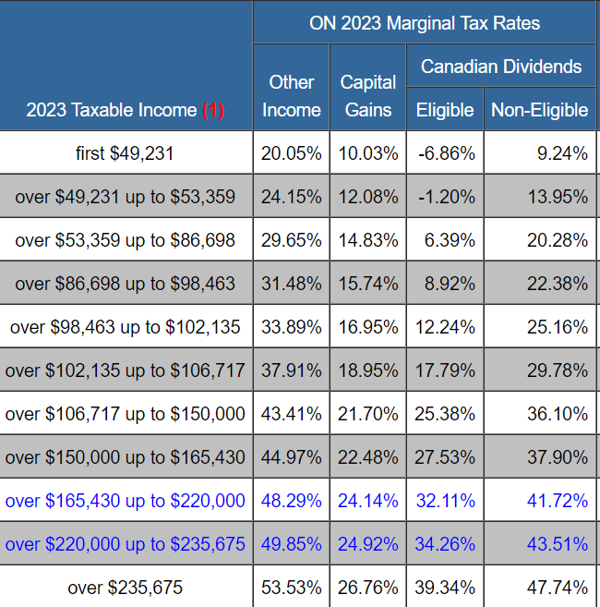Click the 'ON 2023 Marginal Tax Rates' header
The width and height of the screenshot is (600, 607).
(425, 22)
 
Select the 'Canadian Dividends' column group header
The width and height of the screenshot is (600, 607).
(501, 67)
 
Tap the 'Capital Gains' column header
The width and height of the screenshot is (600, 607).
(367, 96)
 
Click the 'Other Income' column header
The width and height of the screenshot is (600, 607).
(292, 96)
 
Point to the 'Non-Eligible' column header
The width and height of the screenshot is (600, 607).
(539, 110)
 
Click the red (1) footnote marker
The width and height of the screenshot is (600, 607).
(213, 111)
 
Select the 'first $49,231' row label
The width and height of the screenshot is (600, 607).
(125, 153)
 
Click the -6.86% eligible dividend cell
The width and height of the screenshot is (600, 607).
(446, 153)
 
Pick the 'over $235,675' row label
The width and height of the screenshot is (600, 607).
(125, 588)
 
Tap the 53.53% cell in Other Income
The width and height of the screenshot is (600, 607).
(292, 588)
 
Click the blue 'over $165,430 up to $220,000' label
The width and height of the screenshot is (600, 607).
(126, 501)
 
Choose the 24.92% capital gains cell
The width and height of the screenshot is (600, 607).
(367, 544)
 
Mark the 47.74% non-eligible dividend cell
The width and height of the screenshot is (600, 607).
(558, 588)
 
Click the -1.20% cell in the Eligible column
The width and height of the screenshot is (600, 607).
(446, 197)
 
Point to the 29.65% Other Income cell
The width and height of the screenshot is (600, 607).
(292, 240)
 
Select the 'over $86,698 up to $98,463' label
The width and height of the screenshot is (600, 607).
(126, 284)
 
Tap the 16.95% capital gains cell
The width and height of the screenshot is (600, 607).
(367, 327)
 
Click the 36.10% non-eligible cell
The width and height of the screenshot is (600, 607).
(558, 414)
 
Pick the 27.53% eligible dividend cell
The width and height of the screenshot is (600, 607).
(446, 457)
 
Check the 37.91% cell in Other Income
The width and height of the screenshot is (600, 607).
(292, 370)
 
